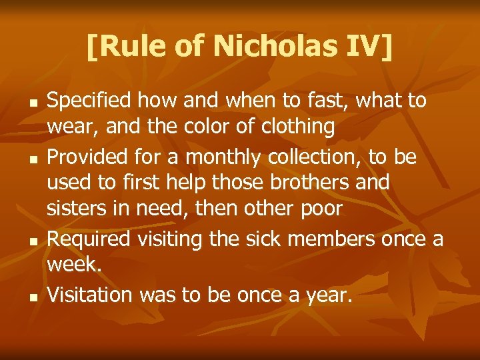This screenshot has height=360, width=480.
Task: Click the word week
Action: (x=73, y=265)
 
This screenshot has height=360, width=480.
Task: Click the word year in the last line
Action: (x=326, y=295)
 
